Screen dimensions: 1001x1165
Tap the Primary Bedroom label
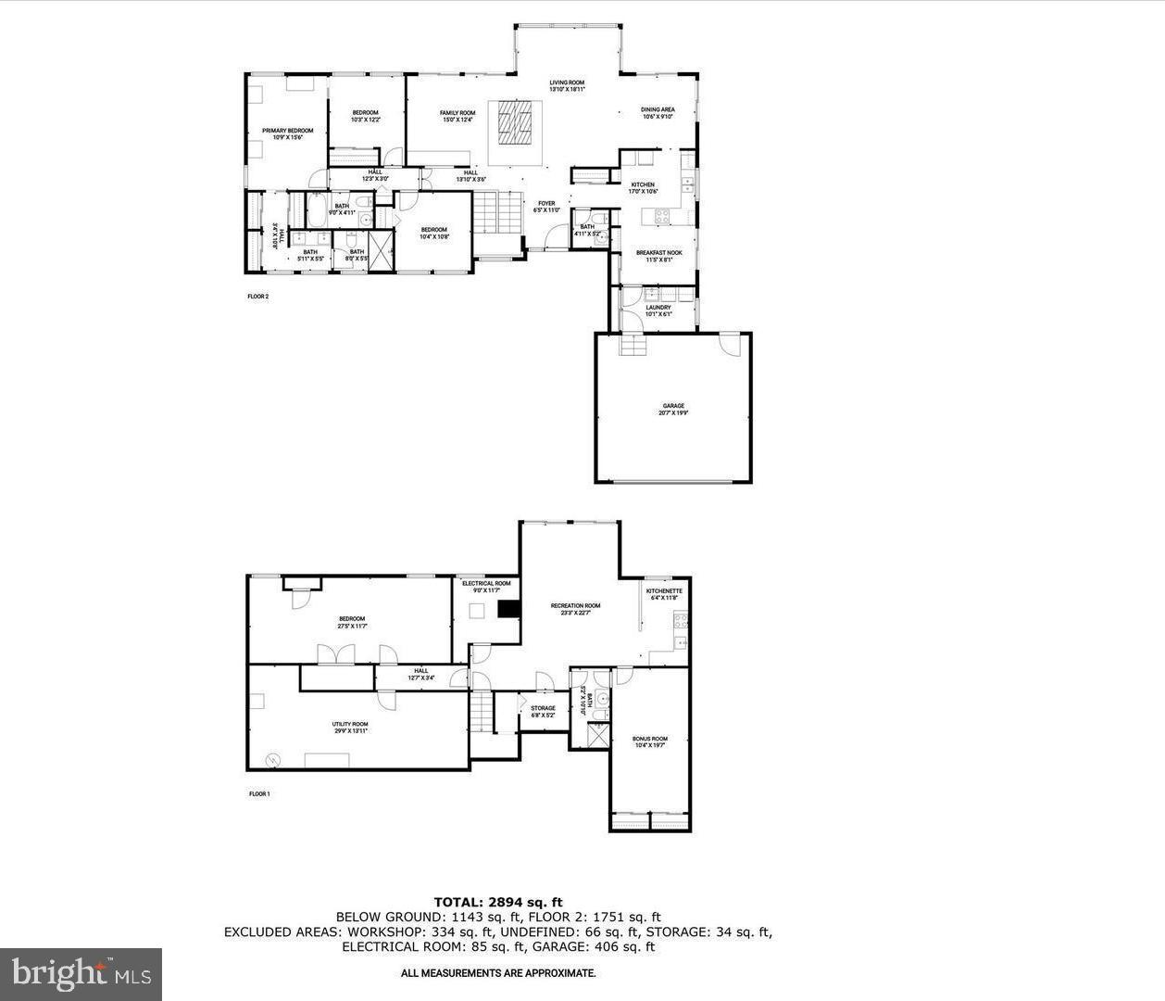click(287, 134)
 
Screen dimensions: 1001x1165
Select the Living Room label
click(567, 86)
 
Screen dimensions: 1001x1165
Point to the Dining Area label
click(658, 113)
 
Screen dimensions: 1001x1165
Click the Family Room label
click(457, 116)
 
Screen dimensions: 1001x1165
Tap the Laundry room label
click(658, 310)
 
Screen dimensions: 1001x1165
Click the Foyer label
click(546, 207)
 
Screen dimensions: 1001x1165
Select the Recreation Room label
click(575, 609)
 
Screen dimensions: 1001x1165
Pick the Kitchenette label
click(664, 594)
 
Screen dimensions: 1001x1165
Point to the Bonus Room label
click(649, 741)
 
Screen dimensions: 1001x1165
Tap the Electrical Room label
click(486, 587)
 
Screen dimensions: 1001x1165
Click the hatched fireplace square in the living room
click(515, 121)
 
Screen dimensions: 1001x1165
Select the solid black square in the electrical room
click(508, 609)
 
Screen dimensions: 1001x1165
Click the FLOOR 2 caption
click(257, 297)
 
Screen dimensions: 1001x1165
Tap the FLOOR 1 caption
click(259, 794)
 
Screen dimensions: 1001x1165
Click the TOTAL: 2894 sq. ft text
click(498, 901)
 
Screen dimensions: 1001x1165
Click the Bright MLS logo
click(81, 974)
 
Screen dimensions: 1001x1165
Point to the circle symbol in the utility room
click(273, 760)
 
